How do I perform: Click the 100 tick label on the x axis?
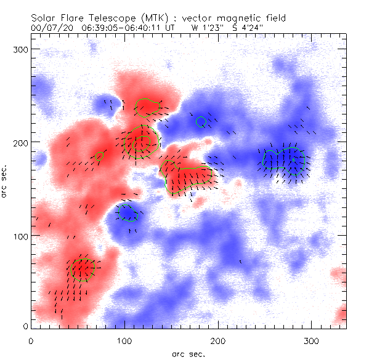[124, 340]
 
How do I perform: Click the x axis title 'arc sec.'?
[188, 353]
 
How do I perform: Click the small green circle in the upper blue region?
[201, 122]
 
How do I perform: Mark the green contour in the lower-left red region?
[81, 269]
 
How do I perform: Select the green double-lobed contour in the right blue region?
[285, 159]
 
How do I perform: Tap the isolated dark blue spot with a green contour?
[128, 213]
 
